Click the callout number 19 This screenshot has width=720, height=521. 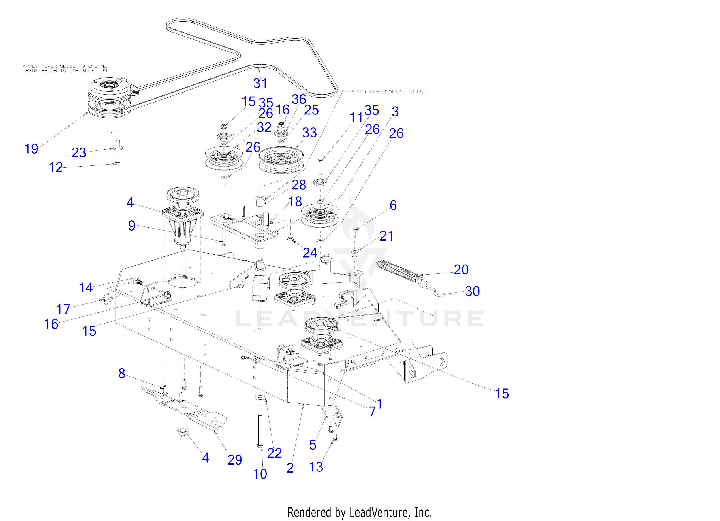click(31, 148)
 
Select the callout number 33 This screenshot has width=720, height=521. click(309, 133)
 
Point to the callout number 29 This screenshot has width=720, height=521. click(235, 459)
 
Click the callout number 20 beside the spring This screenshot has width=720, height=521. click(461, 269)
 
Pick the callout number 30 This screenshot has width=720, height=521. click(472, 291)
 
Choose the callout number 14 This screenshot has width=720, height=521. click(86, 288)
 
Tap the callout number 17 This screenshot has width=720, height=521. click(63, 309)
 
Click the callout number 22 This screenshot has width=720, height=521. click(274, 453)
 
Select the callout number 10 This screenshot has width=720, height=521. click(260, 474)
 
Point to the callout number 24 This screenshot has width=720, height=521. click(310, 253)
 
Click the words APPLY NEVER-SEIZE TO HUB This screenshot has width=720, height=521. click(389, 91)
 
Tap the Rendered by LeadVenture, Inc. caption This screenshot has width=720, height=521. click(359, 512)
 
